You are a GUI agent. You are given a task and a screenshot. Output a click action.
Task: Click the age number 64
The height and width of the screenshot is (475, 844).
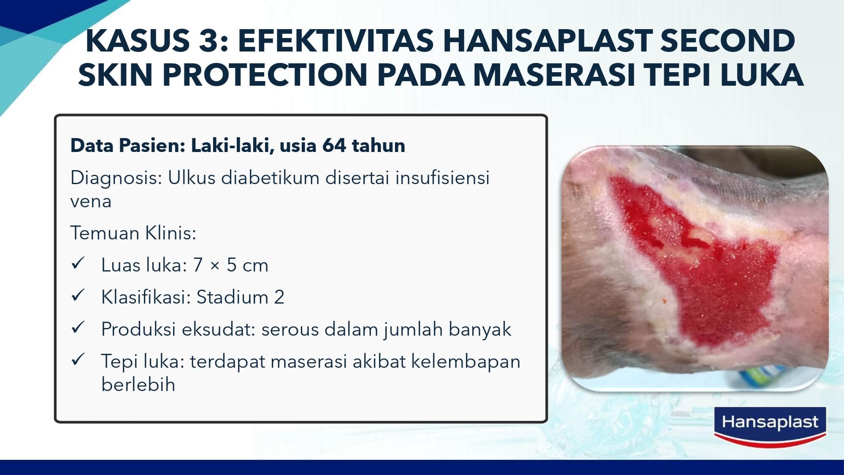[x=334, y=145]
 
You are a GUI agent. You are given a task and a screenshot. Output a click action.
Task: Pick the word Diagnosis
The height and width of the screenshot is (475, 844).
[x=116, y=178]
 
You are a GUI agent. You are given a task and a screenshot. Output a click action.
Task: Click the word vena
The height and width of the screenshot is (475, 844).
[x=91, y=201]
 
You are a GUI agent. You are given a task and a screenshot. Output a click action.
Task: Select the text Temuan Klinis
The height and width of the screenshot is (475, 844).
[x=133, y=233]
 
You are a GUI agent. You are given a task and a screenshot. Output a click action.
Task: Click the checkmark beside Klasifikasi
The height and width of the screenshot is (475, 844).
[x=78, y=296]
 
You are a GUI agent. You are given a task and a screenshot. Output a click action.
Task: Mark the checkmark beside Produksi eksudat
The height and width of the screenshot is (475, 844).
[x=78, y=328]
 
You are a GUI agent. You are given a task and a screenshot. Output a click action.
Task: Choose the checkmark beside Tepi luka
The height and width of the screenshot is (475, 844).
[x=78, y=360]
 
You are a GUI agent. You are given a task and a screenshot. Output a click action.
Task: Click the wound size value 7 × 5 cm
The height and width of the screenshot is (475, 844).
[x=231, y=265]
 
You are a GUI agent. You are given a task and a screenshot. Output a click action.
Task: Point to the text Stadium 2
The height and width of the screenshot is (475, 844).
[x=241, y=297]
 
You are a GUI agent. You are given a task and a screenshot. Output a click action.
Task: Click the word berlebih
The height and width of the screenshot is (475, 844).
[x=138, y=384]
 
